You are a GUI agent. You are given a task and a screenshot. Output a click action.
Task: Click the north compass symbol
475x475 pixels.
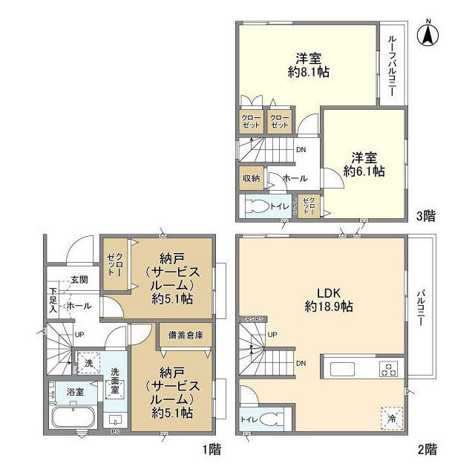[428, 34]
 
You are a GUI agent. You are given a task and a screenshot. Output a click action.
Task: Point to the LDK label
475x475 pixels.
[321, 292]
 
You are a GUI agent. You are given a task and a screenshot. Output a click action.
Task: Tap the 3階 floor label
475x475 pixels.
[426, 216]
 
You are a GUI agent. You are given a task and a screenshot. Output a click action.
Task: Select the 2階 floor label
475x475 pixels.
[426, 449]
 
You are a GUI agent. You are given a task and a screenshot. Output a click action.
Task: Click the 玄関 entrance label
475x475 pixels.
[79, 280]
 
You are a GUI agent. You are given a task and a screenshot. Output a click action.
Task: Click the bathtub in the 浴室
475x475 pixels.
[71, 416]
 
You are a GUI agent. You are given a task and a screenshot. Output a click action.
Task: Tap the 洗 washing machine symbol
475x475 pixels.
[89, 364]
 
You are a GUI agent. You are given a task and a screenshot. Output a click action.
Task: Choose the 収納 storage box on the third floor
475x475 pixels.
[250, 178]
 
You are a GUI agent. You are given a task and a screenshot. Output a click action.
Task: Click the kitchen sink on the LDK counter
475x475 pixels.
[344, 369]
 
